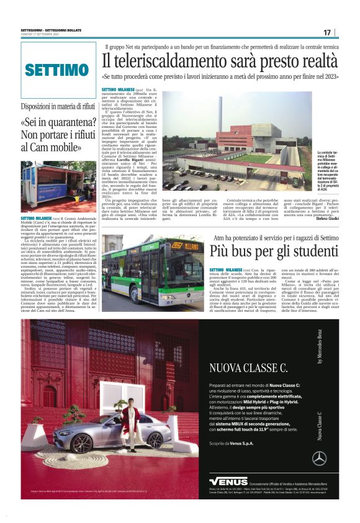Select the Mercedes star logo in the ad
pyautogui.click(x=319, y=458)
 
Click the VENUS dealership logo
pyautogui.click(x=228, y=481)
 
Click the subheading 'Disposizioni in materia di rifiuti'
pyautogui.click(x=58, y=106)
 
